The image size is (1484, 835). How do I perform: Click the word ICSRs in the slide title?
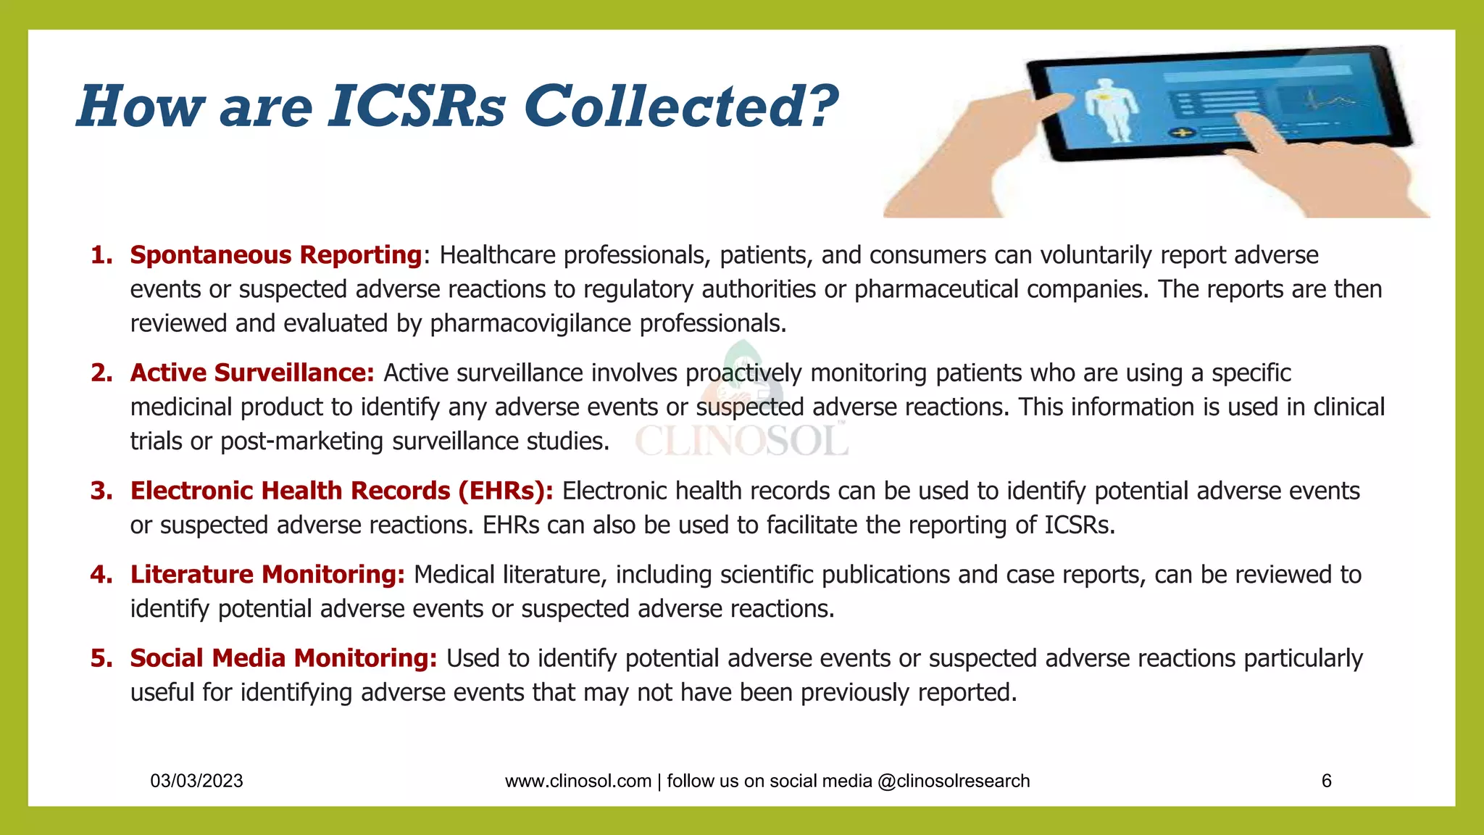tap(417, 107)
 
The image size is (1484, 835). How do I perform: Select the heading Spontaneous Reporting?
tap(276, 255)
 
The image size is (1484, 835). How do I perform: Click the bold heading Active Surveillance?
tap(251, 373)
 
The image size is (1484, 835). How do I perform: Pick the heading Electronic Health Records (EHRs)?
tap(341, 491)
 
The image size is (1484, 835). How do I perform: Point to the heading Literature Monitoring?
tap(267, 574)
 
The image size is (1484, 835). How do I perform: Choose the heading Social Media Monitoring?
tap(283, 658)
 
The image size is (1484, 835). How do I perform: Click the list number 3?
tap(101, 491)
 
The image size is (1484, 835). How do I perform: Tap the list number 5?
tap(101, 658)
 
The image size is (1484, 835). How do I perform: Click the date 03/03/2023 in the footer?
tap(196, 781)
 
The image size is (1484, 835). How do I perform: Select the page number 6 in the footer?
tap(1326, 781)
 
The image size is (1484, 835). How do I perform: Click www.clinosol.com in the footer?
tap(578, 781)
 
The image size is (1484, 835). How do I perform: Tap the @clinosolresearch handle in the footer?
tap(953, 781)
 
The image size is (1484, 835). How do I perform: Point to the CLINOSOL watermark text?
tap(741, 440)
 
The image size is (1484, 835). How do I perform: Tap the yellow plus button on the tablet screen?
tap(1182, 133)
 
